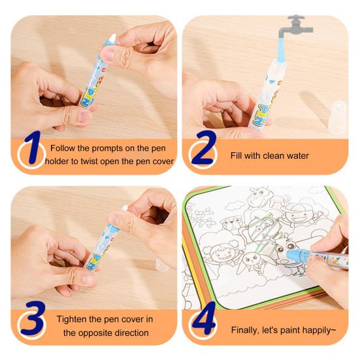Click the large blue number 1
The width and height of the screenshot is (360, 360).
coord(33,148)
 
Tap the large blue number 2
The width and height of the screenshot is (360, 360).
coord(204,148)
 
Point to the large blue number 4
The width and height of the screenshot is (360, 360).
coord(205,318)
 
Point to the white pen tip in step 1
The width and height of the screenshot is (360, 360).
coord(113,38)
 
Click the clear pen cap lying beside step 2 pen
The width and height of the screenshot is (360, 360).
coord(337,117)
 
